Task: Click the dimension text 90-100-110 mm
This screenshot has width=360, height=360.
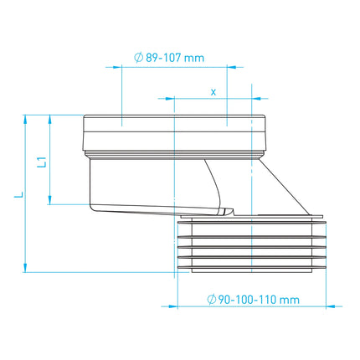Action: coord(259,300)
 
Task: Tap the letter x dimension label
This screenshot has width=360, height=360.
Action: coord(213,92)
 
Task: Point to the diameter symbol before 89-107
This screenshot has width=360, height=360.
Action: coord(139,58)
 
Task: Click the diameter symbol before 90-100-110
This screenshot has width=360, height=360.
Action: coord(212,300)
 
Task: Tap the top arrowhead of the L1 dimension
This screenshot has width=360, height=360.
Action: coord(50,120)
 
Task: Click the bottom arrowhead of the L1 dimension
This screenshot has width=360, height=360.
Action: coord(50,200)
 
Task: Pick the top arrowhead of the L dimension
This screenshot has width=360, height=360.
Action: coord(25,120)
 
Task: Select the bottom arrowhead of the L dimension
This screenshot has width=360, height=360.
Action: coord(25,267)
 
